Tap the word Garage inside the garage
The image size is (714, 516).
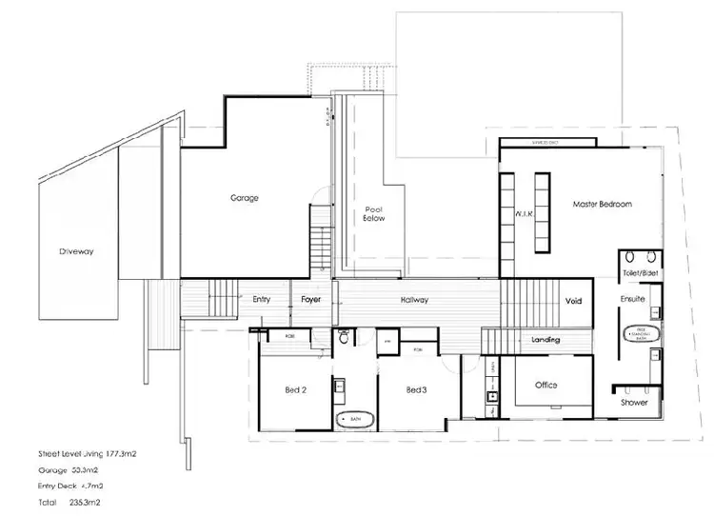click(245, 198)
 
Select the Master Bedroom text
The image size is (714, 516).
click(602, 204)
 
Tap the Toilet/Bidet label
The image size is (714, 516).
click(639, 273)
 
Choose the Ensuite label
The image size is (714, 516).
click(633, 299)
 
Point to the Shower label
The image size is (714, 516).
click(634, 403)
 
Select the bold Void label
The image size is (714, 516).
click(574, 300)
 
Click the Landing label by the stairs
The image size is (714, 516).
click(545, 340)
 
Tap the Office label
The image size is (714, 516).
click(545, 386)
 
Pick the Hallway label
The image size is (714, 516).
click(414, 300)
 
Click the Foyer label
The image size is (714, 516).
click(311, 299)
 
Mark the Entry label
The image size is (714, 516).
click(262, 299)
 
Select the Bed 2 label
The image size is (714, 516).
click(296, 390)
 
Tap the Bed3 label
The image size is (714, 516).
click(416, 390)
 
